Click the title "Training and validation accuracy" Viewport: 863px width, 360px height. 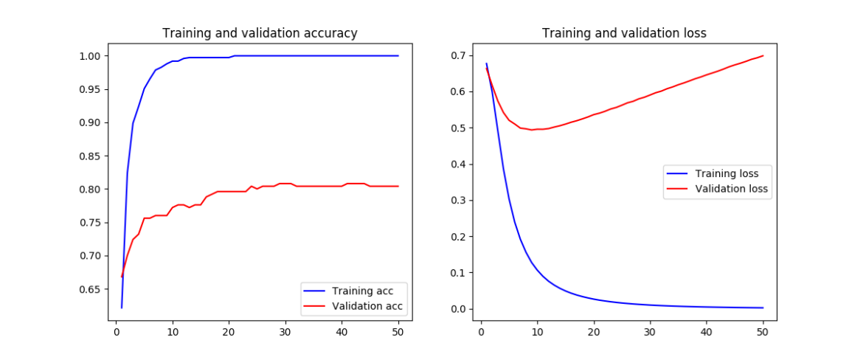click(x=260, y=33)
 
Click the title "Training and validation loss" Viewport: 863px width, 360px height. click(x=624, y=33)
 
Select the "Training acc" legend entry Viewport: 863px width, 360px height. click(x=362, y=290)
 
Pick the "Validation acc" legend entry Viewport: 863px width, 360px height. click(x=367, y=305)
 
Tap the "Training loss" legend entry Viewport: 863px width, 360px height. click(x=727, y=174)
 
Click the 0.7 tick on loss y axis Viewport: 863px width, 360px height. click(x=460, y=56)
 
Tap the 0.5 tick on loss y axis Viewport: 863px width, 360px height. click(x=460, y=128)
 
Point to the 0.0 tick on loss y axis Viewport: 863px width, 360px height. click(x=460, y=309)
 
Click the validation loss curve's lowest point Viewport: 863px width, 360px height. click(x=532, y=130)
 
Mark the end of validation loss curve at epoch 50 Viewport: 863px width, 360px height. click(x=763, y=56)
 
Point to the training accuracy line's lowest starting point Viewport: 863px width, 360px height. click(x=122, y=308)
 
